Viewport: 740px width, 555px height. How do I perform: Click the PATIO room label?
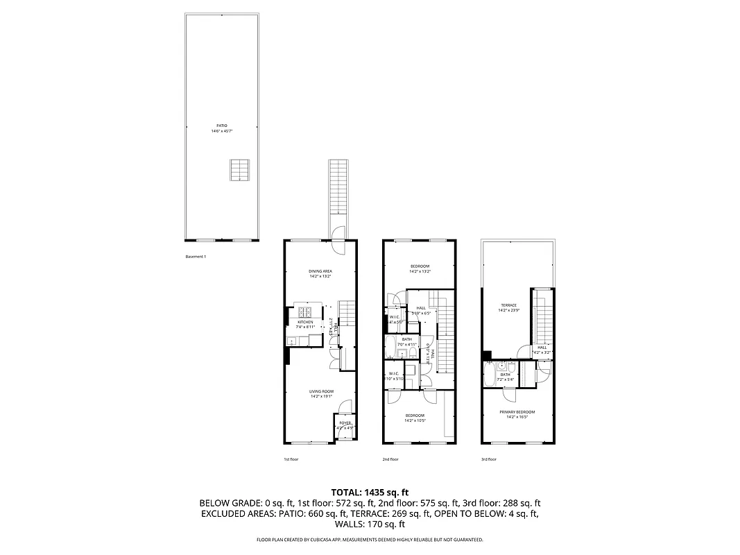pos(222,126)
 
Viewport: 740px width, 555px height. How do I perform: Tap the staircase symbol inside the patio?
pos(239,169)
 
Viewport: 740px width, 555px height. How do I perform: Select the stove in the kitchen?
pos(304,311)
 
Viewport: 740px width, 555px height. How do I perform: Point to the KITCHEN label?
pos(305,322)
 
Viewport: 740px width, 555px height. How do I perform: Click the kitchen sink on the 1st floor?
pos(293,341)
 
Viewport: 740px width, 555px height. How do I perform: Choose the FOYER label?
pos(345,422)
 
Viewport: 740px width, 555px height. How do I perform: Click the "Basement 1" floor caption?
pos(196,257)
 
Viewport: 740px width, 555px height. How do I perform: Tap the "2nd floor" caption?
pos(390,459)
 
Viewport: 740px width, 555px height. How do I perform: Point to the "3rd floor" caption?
pos(489,459)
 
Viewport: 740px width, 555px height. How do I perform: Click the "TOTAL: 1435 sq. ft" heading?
pos(369,491)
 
